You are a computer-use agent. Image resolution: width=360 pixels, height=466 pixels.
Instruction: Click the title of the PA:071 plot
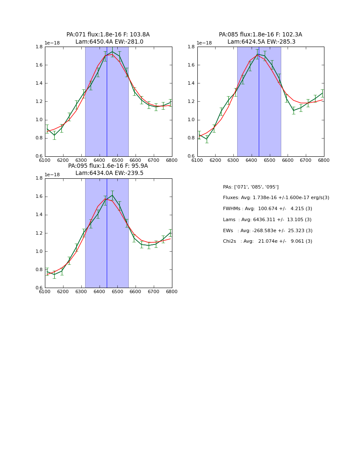point(108,38)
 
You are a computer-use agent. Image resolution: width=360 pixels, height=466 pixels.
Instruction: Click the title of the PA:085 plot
point(260,38)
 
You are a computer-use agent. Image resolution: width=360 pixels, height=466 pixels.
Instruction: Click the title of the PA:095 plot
point(108,169)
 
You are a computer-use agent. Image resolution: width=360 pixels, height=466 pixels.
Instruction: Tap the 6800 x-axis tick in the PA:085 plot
point(324,160)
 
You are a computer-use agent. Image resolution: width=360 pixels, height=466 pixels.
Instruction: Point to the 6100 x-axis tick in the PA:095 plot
point(45,291)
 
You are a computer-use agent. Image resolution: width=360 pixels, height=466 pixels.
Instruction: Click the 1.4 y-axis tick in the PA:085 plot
point(191,83)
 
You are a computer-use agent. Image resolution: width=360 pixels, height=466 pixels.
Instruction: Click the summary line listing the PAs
point(251,187)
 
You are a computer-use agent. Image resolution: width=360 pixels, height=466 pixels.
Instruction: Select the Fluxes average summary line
point(276,198)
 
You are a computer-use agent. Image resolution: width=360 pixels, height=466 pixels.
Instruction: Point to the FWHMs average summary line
point(267,209)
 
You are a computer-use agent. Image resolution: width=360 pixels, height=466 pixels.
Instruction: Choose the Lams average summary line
point(267,220)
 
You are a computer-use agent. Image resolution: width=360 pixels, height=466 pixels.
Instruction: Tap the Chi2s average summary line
point(268,241)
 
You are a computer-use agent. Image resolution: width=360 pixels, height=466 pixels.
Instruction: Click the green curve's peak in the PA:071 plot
point(112,52)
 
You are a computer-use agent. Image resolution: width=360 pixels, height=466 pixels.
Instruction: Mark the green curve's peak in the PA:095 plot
point(112,195)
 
